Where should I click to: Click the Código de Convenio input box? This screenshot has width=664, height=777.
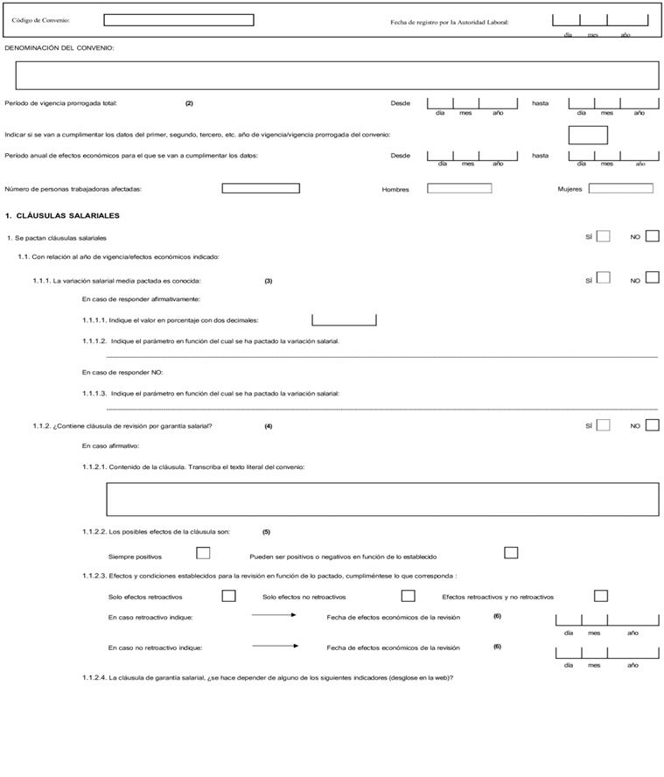pyautogui.click(x=178, y=20)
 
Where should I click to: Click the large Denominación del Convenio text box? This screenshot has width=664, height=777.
pyautogui.click(x=331, y=75)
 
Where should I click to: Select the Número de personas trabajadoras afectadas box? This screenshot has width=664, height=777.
pyautogui.click(x=261, y=188)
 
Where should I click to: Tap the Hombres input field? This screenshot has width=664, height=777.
pyautogui.click(x=459, y=188)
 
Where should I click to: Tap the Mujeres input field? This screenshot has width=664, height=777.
pyautogui.click(x=621, y=188)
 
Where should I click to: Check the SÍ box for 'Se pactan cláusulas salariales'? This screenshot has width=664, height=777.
pyautogui.click(x=603, y=235)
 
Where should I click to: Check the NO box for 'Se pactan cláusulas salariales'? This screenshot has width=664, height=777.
pyautogui.click(x=652, y=235)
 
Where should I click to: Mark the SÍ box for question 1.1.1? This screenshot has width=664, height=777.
pyautogui.click(x=603, y=278)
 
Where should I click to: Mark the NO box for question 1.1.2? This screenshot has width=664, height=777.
pyautogui.click(x=652, y=425)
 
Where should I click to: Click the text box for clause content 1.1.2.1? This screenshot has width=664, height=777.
pyautogui.click(x=382, y=500)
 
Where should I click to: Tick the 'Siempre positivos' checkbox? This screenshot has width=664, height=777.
pyautogui.click(x=203, y=553)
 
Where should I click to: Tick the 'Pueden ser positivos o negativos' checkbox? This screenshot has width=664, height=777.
pyautogui.click(x=511, y=553)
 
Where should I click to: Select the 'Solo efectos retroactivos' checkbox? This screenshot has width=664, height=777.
pyautogui.click(x=229, y=596)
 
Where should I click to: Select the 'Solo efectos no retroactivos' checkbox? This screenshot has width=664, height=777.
pyautogui.click(x=408, y=596)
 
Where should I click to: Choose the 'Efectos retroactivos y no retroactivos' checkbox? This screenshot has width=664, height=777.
pyautogui.click(x=600, y=596)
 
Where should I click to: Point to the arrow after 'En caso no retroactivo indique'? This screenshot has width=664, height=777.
pyautogui.click(x=275, y=647)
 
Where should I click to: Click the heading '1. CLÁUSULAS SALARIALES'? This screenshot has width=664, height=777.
pyautogui.click(x=62, y=215)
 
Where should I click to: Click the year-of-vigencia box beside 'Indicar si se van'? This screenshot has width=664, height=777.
pyautogui.click(x=588, y=135)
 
